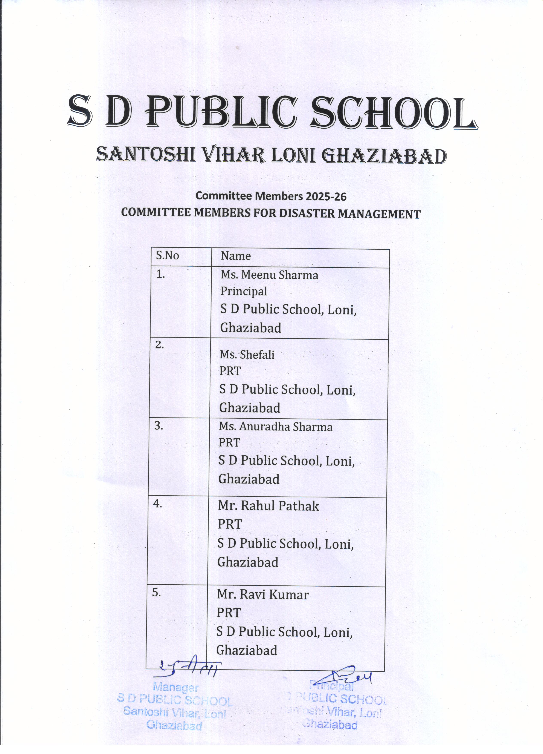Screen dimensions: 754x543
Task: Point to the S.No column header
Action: [167, 256]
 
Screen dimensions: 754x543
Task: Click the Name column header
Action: [236, 256]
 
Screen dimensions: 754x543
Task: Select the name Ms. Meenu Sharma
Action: [269, 275]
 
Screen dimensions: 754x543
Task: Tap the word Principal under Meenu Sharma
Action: [243, 291]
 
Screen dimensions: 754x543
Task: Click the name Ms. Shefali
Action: [247, 355]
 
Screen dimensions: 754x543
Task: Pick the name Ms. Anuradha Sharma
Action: [275, 427]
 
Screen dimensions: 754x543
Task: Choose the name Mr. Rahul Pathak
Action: [268, 506]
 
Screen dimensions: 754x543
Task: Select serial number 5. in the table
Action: [156, 593]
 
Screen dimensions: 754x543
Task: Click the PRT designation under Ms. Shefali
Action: [230, 371]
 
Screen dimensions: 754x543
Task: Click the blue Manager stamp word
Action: [176, 687]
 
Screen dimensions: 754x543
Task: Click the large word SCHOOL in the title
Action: [394, 113]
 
